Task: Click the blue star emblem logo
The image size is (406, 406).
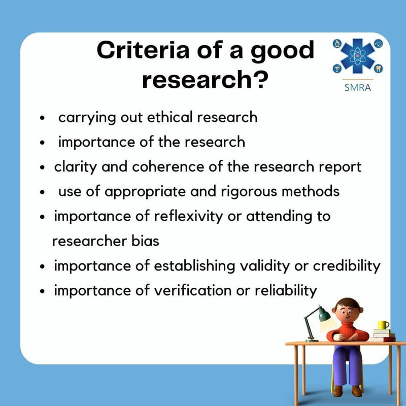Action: (358, 57)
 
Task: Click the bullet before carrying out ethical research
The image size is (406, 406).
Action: (43, 118)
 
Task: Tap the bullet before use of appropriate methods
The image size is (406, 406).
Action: (43, 192)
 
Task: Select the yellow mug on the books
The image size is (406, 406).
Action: (383, 325)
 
